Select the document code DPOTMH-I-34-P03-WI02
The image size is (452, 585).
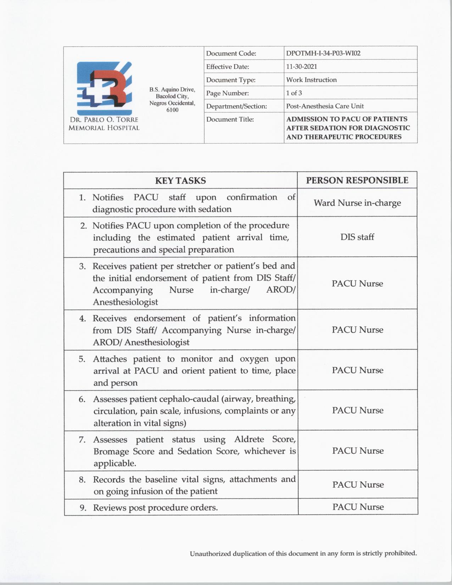[323, 54]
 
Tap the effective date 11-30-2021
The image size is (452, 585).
[301, 67]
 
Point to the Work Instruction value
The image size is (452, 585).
[311, 80]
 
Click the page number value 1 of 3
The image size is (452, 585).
[294, 93]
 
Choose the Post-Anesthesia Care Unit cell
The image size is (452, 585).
[325, 106]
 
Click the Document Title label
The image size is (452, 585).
[230, 119]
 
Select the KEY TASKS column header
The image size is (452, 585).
[180, 180]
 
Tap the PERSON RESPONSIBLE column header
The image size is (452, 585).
[357, 180]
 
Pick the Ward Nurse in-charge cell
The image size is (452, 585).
[357, 203]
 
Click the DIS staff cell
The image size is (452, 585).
[357, 237]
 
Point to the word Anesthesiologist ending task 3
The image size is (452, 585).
[125, 302]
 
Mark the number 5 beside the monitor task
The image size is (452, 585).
[82, 359]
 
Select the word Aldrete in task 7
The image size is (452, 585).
[249, 440]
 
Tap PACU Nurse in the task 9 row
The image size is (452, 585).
[358, 507]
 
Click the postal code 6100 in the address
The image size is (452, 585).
[172, 110]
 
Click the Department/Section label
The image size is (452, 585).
[236, 106]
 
